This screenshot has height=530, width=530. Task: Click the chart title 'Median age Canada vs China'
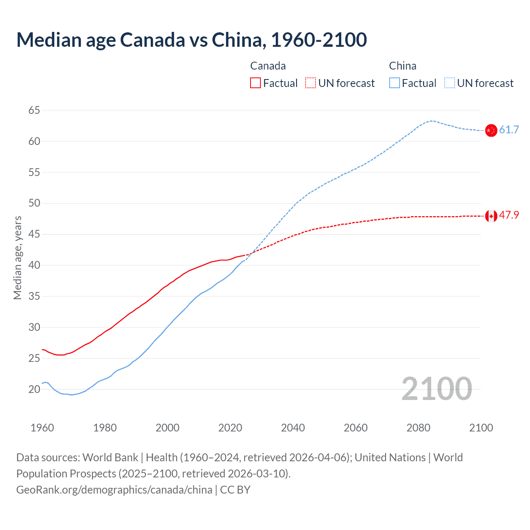click(x=191, y=40)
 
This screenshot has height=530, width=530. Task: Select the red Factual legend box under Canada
click(x=255, y=83)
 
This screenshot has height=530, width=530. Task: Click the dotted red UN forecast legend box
click(x=310, y=83)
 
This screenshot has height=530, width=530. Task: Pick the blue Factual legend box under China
click(x=394, y=83)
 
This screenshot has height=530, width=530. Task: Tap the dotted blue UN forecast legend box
click(x=449, y=83)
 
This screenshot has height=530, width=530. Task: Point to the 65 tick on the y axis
click(x=34, y=110)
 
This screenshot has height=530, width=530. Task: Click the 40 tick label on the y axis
click(x=34, y=265)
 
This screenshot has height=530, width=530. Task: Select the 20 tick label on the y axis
click(x=34, y=389)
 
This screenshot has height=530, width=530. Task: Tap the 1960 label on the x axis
click(x=42, y=428)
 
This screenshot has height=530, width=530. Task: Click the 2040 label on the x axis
click(x=293, y=428)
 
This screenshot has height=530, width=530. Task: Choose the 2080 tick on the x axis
click(x=418, y=428)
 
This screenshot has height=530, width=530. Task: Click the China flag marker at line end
click(x=491, y=130)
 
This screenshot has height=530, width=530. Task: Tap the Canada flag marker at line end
click(x=491, y=216)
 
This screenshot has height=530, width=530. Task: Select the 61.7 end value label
click(x=509, y=130)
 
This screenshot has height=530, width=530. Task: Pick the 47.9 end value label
click(x=509, y=215)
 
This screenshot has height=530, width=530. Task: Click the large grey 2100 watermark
click(x=436, y=388)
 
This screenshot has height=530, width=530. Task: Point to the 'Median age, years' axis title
click(x=17, y=258)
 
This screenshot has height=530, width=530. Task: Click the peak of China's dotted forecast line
click(x=431, y=121)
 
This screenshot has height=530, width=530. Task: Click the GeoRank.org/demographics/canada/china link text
click(x=114, y=490)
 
